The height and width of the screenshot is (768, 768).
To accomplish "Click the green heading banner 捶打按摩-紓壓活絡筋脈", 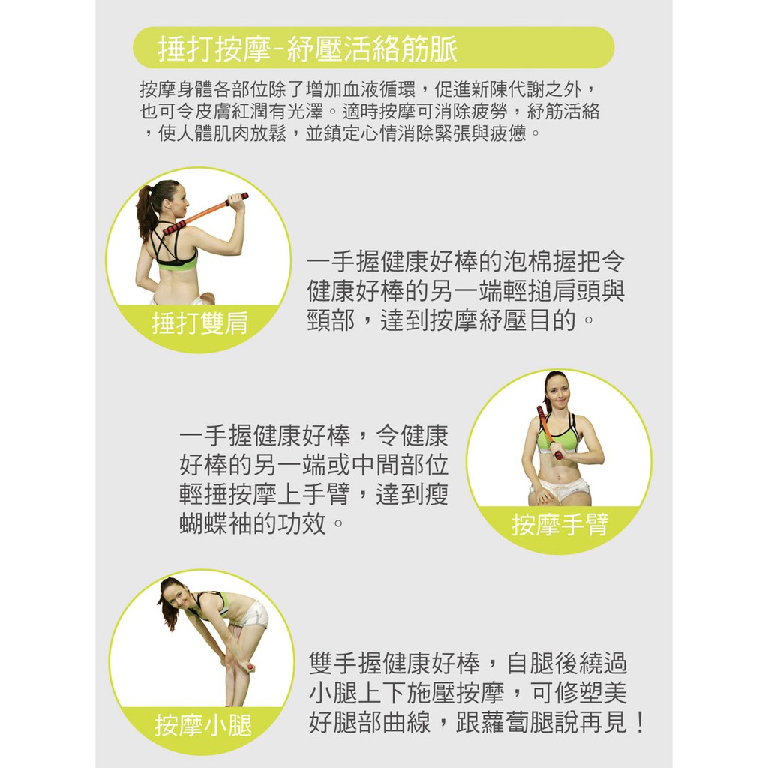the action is click(373, 47).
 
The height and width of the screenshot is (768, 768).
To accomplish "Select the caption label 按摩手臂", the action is click(559, 524).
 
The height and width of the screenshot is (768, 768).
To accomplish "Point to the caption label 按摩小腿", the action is click(202, 725).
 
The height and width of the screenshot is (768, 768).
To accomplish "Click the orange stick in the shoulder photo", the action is click(205, 214).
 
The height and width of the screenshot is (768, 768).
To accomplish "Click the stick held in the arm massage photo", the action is click(548, 432).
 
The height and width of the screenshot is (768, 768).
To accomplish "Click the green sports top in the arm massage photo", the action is click(557, 436).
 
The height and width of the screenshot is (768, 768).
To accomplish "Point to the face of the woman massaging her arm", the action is click(557, 389).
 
